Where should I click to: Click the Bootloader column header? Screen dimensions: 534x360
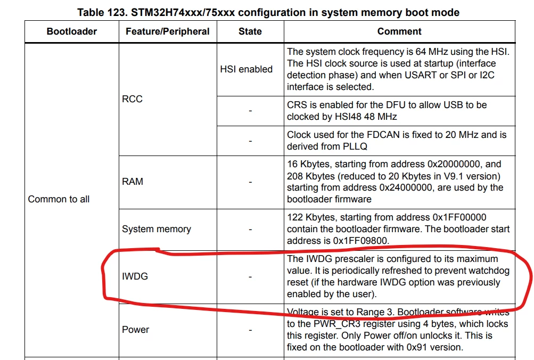[71, 31]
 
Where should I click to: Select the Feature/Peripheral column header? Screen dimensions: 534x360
[168, 31]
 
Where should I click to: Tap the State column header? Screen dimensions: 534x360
[250, 31]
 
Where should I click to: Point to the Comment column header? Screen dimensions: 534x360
[399, 31]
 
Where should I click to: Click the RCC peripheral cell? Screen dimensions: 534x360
[132, 99]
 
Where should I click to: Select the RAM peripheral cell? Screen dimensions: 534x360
[133, 182]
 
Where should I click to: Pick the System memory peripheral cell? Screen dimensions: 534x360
[157, 229]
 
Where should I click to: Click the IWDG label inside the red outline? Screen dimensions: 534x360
[135, 276]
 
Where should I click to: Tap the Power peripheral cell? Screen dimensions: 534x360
[136, 329]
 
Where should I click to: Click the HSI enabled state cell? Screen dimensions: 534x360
[246, 69]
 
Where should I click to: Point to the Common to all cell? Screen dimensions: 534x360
[59, 199]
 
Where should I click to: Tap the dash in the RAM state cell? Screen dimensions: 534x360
[250, 182]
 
